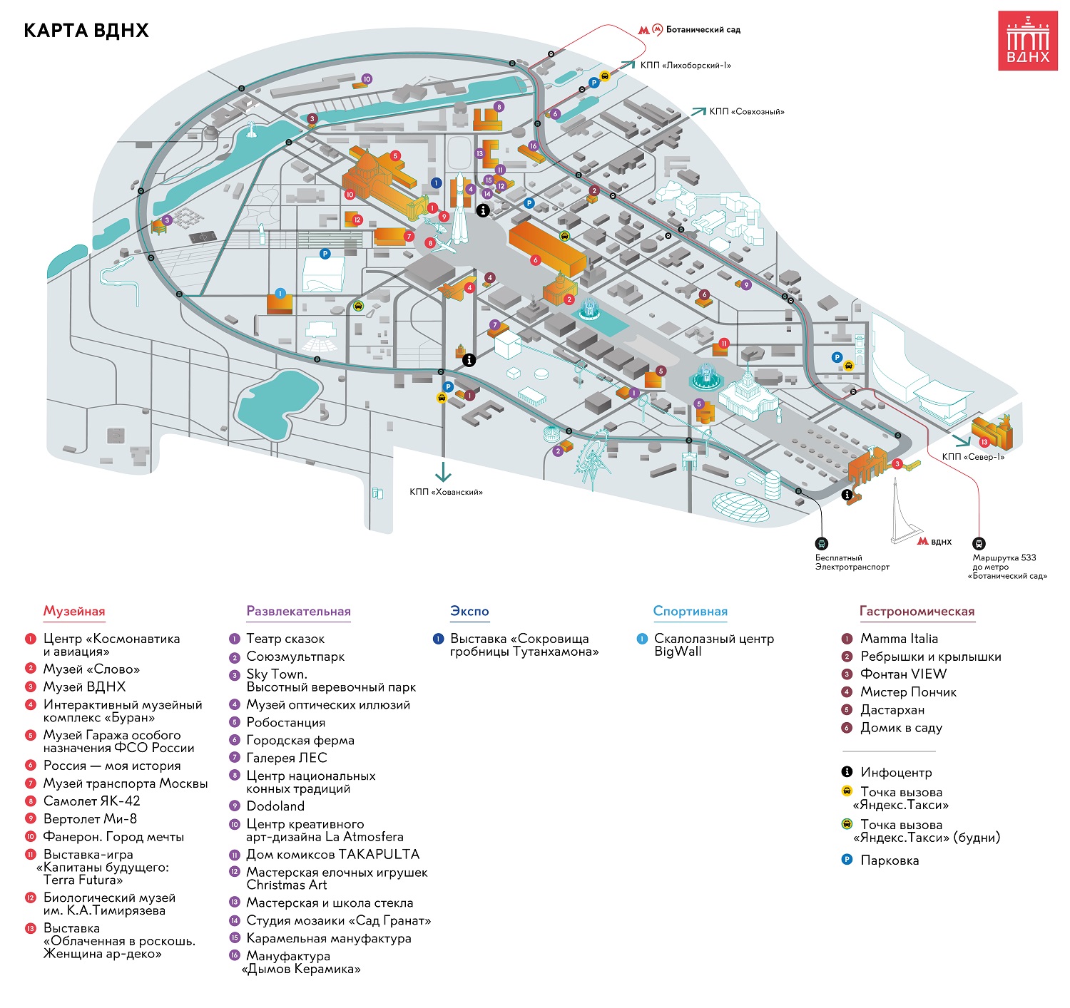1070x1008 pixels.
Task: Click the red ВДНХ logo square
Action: click(1027, 41)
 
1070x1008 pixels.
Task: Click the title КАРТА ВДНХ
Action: click(86, 31)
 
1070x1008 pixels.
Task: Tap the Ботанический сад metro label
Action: click(703, 30)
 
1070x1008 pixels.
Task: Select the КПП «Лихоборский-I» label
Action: click(686, 66)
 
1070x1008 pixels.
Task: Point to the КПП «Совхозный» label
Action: click(747, 112)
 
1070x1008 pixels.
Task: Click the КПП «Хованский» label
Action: click(446, 492)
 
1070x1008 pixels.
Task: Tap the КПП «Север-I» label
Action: click(973, 457)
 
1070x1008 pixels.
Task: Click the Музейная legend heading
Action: click(74, 611)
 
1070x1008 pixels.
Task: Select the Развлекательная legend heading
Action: click(298, 611)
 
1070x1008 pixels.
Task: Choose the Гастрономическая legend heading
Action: click(917, 611)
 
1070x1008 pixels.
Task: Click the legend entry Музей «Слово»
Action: click(83, 669)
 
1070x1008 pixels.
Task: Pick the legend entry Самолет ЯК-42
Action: click(83, 801)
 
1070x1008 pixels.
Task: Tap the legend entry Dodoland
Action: click(267, 806)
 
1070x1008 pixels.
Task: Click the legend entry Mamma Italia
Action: click(890, 639)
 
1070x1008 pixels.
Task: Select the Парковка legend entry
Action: click(880, 860)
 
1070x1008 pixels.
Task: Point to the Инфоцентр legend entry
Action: click(887, 772)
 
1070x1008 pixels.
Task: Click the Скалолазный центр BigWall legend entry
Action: click(705, 645)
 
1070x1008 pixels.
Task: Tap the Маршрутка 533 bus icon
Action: click(979, 543)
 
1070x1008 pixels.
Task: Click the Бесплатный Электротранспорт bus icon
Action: click(821, 543)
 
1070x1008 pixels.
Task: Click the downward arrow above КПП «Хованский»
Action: click(443, 472)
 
